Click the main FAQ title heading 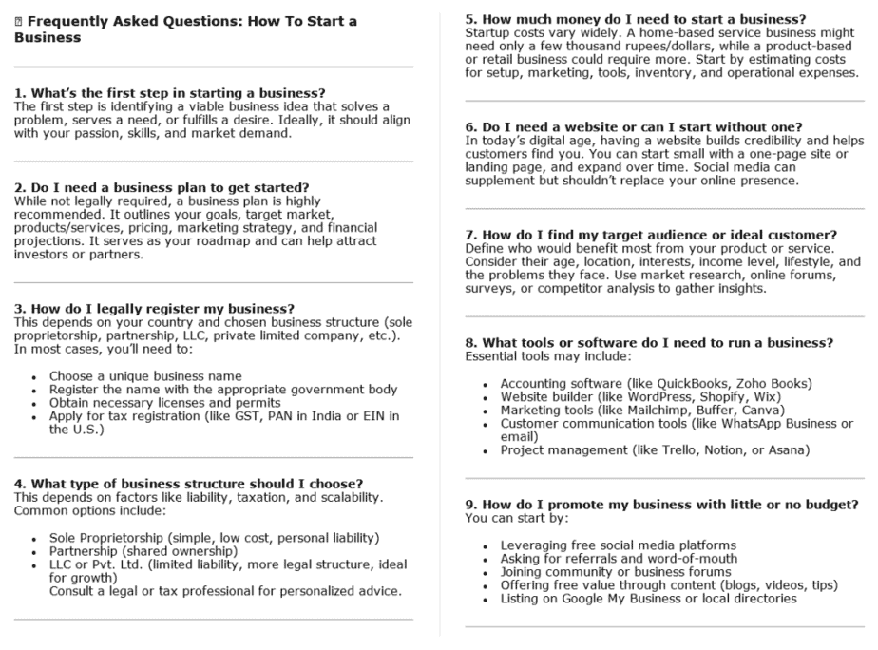(186, 29)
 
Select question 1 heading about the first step (170, 93)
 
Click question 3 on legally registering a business (154, 309)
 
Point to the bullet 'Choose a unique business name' (145, 376)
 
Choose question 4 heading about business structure (188, 484)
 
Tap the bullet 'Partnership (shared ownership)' (143, 551)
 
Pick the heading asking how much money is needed (636, 19)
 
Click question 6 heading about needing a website (634, 127)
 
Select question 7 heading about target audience (650, 235)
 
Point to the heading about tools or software (649, 342)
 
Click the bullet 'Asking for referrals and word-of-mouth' (619, 559)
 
